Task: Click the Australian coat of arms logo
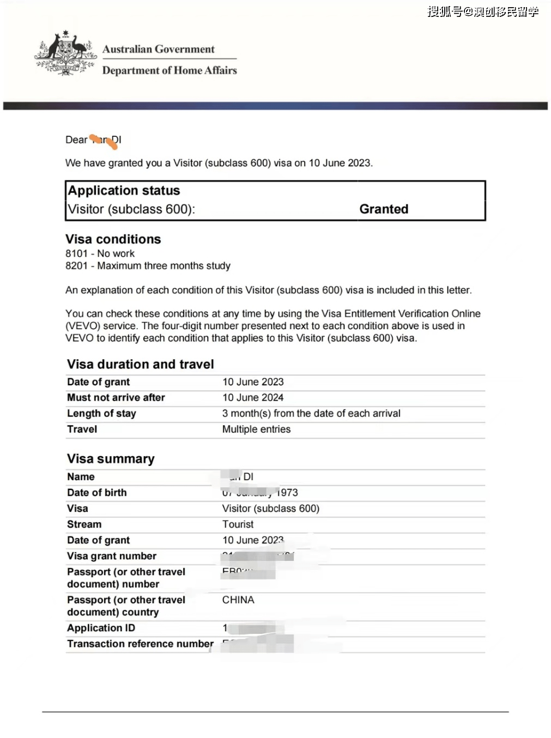[66, 53]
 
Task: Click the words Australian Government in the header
[158, 49]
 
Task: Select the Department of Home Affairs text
[169, 70]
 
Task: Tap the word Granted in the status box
[384, 209]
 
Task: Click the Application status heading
[124, 191]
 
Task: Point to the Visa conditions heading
[113, 239]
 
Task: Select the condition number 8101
[76, 253]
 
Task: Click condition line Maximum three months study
[164, 266]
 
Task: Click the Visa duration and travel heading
[141, 364]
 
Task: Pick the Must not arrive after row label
[116, 398]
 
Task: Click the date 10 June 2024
[253, 398]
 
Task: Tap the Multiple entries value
[256, 430]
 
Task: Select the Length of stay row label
[101, 414]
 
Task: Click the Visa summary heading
[111, 459]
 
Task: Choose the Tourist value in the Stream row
[238, 524]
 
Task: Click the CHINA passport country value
[238, 600]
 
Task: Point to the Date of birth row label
[97, 493]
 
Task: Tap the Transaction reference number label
[140, 644]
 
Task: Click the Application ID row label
[101, 628]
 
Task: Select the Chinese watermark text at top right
[483, 11]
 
